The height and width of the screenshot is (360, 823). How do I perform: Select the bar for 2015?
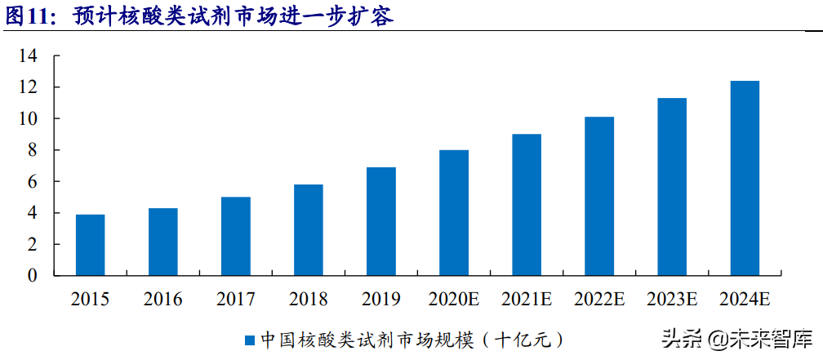[90, 245]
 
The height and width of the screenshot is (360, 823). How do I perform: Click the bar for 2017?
[235, 236]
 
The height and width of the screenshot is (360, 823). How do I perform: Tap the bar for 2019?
[381, 221]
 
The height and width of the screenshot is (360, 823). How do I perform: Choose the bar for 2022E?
[599, 196]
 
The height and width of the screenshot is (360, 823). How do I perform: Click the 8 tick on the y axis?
[33, 150]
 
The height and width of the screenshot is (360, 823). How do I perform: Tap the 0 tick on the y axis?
[33, 276]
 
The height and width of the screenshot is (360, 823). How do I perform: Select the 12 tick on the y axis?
[29, 87]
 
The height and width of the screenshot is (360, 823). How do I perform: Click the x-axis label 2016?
[162, 300]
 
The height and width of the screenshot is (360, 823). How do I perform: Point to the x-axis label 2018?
[309, 300]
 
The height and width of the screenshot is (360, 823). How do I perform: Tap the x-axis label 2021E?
[527, 300]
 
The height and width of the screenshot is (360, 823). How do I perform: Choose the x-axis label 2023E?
[672, 300]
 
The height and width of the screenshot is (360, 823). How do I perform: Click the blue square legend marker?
[251, 339]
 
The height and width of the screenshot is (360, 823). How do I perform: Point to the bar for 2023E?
[672, 187]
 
